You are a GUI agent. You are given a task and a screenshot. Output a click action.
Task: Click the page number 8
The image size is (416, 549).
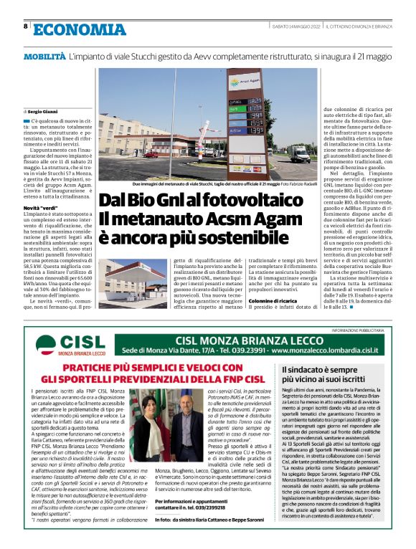(x=27, y=27)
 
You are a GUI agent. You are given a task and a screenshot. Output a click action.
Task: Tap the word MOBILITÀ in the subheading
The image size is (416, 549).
(x=44, y=54)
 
